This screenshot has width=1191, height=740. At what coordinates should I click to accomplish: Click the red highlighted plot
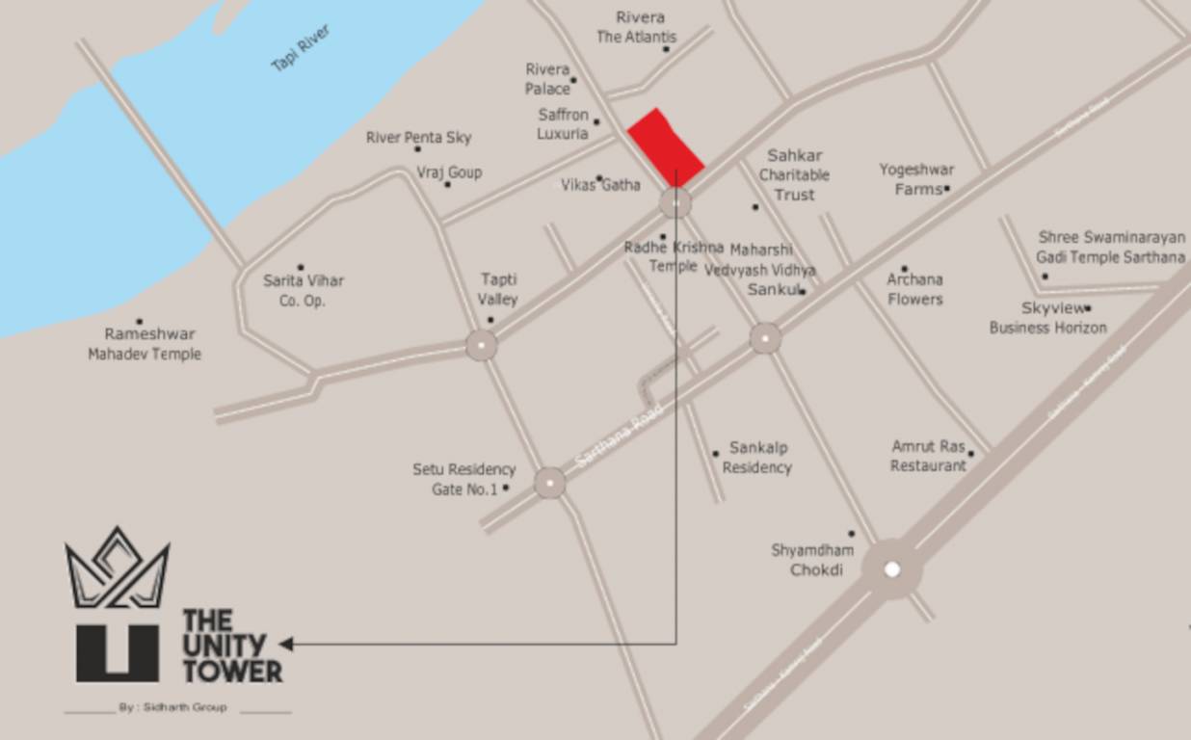pos(665,146)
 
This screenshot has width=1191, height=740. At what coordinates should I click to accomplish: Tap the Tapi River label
pos(301,48)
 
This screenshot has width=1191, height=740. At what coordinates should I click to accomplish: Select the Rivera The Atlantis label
pos(637,28)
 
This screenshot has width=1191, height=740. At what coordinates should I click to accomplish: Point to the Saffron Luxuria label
pos(563,124)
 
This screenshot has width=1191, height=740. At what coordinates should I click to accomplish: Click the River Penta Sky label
pos(419,138)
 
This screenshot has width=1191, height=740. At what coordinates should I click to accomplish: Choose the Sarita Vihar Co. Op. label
pos(304,290)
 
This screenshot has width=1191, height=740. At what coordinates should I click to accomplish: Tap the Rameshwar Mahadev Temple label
pos(146,344)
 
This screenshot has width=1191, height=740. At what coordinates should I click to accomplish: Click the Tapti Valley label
pos(498,289)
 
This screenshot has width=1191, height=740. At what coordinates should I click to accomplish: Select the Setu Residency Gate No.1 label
pos(463,479)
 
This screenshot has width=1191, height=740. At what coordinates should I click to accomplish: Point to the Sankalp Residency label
pos(757,458)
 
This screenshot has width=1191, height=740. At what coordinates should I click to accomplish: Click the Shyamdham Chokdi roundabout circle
pos(891,569)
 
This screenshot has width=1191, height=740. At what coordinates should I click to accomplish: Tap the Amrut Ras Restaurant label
pos(928,456)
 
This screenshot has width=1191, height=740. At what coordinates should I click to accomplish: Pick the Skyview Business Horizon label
pos(1048,318)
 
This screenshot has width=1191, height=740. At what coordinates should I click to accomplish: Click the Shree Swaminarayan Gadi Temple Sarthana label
pos(1111,247)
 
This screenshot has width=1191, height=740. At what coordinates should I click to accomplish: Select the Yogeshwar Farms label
pos(916,179)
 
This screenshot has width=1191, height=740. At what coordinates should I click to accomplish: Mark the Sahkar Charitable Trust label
pos(795,174)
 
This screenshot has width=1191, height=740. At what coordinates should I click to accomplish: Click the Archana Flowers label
pos(914,289)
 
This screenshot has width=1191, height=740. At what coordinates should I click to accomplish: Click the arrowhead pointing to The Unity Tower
pos(286,644)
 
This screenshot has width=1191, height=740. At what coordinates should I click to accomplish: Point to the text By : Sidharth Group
pos(173,707)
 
